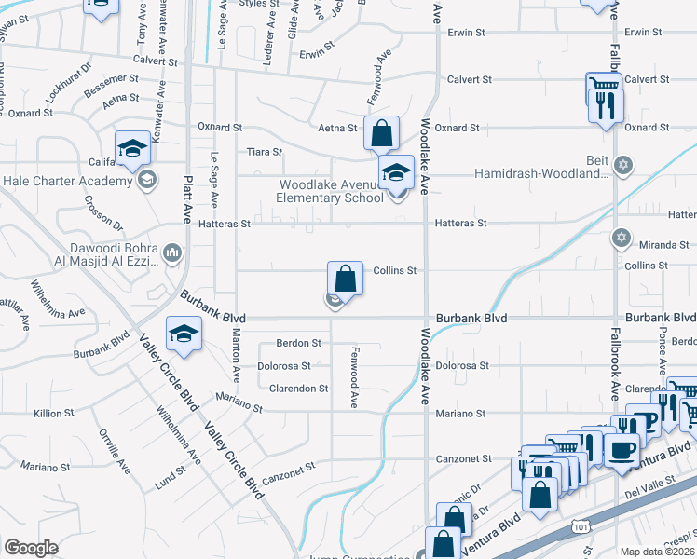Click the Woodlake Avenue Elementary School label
(331, 191)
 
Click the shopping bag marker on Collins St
(345, 278)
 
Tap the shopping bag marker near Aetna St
(381, 133)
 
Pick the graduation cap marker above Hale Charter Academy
(132, 148)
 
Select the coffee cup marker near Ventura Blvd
(622, 450)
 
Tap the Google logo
(31, 547)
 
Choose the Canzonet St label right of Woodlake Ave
(463, 458)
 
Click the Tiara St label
(264, 152)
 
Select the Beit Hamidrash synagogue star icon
(624, 166)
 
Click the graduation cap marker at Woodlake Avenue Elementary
(396, 172)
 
